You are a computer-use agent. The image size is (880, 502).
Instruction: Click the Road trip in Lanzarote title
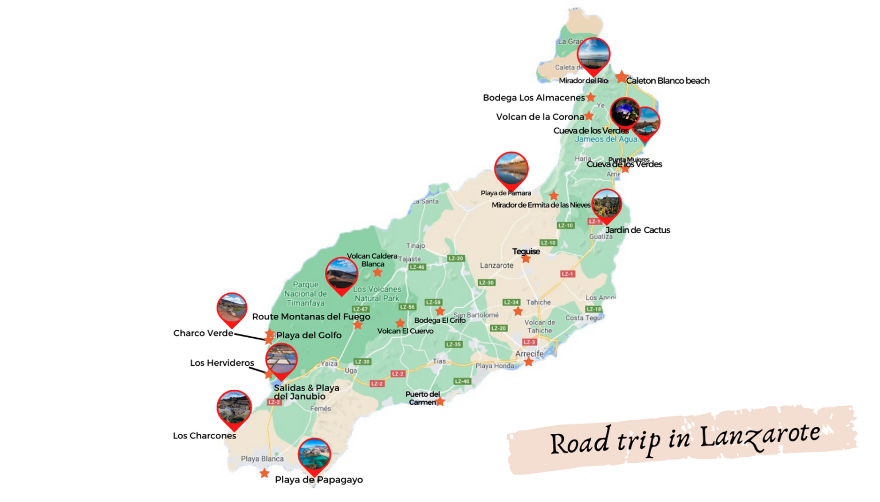[685, 440]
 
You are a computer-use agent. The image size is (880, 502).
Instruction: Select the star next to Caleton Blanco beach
[622, 77]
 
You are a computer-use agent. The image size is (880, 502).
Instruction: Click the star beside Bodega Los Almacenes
[591, 97]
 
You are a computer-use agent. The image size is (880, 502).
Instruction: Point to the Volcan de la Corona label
[540, 117]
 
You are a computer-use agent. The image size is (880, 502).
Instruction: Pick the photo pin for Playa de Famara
[511, 168]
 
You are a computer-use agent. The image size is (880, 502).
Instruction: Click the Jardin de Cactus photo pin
[606, 204]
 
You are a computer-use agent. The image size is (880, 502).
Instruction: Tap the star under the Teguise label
[526, 259]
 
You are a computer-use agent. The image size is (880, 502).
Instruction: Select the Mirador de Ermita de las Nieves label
[541, 205]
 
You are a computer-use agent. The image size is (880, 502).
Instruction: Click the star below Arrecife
[529, 362]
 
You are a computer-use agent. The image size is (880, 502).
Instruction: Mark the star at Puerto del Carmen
[440, 402]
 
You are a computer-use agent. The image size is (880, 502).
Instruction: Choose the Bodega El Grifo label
[439, 321]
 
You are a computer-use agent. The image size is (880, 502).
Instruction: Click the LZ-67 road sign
[360, 309]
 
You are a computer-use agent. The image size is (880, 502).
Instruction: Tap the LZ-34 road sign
[511, 302]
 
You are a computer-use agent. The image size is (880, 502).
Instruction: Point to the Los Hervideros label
[222, 363]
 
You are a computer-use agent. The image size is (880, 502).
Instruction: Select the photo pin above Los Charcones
[234, 408]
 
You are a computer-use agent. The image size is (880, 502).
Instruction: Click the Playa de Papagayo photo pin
[314, 454]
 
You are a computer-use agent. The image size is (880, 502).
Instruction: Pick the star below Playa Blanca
[264, 473]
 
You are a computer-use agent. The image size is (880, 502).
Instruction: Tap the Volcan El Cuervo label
[405, 331]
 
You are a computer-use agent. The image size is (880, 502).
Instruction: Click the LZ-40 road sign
[462, 381]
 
